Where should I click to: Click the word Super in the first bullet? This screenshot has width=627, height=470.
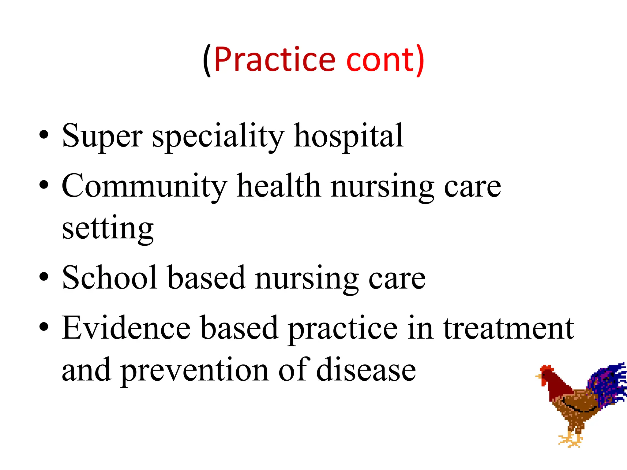pos(102,136)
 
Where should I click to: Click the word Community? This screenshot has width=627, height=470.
pos(144,186)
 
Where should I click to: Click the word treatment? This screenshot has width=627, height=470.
pos(509,328)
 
